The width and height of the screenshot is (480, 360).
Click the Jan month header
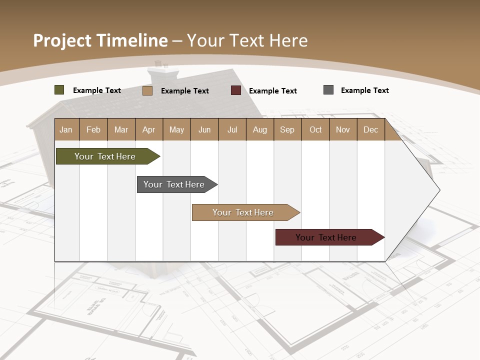[66, 129]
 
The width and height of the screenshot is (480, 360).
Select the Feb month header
[93, 129]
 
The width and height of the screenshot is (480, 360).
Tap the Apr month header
[148, 129]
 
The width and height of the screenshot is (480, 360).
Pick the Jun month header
[204, 129]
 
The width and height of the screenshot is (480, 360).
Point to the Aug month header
[259, 129]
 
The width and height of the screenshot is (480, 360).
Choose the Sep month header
[287, 129]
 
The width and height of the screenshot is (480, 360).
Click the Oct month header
[315, 129]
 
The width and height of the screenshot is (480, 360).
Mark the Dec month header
[370, 129]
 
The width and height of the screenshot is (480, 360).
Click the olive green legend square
[59, 90]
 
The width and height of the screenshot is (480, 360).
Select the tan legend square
[147, 90]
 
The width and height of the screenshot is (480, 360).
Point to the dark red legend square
[236, 90]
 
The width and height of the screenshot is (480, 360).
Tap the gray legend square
[328, 90]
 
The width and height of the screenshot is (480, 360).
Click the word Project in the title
[63, 40]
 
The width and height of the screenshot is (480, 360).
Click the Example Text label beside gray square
[364, 90]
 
